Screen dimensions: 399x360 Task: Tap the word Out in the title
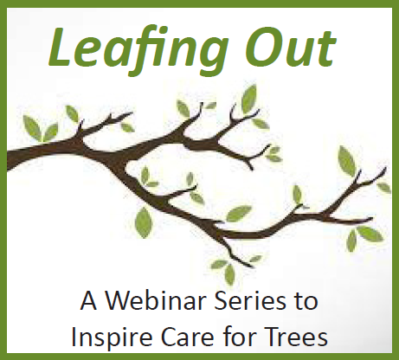tap(291, 48)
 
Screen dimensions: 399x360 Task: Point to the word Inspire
tap(112, 337)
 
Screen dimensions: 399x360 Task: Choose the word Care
tap(188, 337)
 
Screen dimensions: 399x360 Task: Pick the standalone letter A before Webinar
tap(88, 301)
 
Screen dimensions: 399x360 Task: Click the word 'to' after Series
tap(308, 302)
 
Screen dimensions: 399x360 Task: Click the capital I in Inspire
tap(74, 337)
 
